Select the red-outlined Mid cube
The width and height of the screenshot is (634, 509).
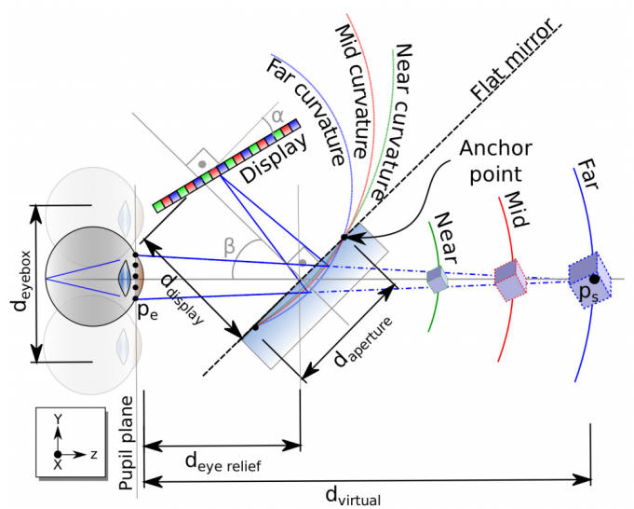[508, 274]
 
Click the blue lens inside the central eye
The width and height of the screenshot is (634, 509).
[124, 279]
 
